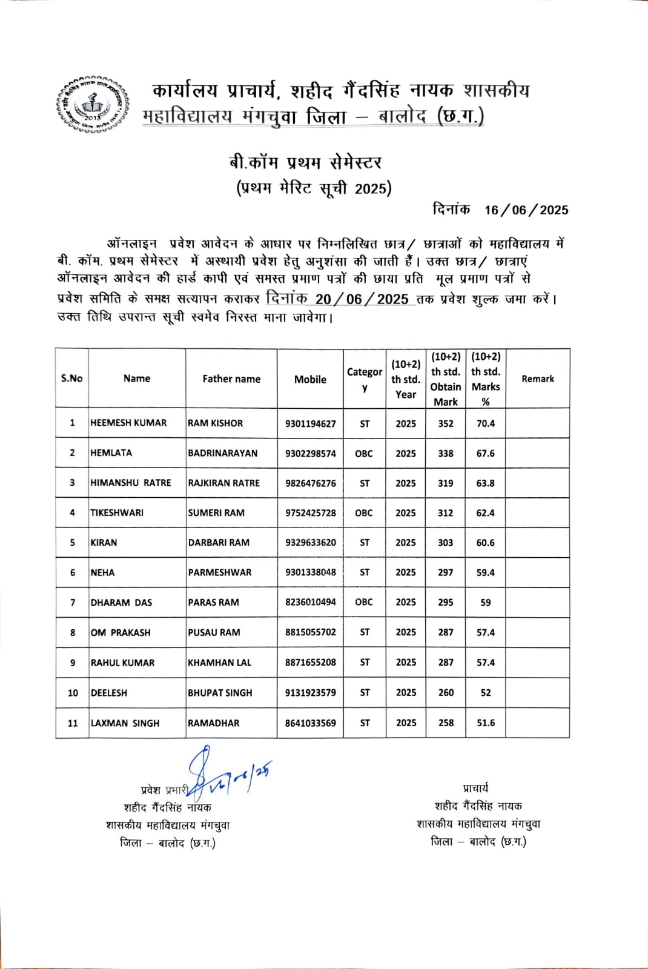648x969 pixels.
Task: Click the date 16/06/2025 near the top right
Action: click(526, 210)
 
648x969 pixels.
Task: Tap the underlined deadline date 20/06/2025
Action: click(362, 299)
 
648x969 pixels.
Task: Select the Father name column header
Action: click(231, 379)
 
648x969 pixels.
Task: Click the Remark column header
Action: click(538, 379)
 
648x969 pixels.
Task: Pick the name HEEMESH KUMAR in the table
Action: click(128, 423)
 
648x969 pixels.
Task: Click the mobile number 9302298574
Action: click(310, 454)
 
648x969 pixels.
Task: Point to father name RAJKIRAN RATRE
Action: click(223, 483)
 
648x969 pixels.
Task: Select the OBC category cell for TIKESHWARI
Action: click(364, 513)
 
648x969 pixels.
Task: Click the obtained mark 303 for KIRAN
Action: click(446, 543)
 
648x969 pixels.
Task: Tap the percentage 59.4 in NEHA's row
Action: click(486, 572)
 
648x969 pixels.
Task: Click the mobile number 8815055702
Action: click(310, 632)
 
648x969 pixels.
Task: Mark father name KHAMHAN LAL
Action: click(219, 663)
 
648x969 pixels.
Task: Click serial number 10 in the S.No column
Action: click(73, 693)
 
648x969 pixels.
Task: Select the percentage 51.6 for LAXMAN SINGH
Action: click(486, 723)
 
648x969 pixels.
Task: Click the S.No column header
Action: click(71, 379)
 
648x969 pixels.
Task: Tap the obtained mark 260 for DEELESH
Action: click(446, 693)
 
